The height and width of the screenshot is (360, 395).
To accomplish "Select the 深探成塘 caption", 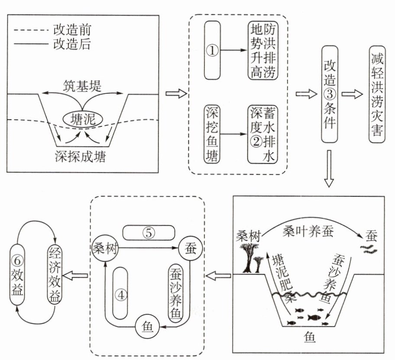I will tap(81, 156).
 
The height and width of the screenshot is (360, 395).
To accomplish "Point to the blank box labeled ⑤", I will tap(149, 232).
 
